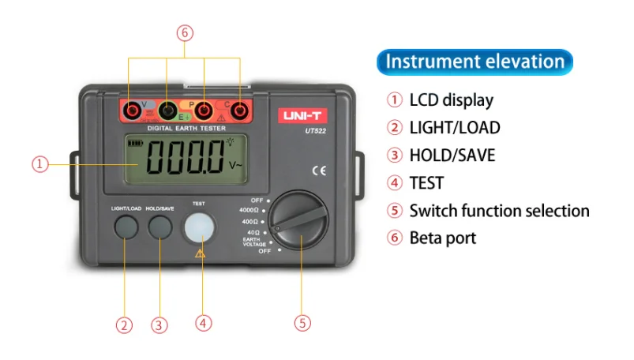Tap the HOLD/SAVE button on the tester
click(x=160, y=227)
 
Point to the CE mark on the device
click(x=319, y=170)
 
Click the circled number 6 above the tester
click(x=186, y=33)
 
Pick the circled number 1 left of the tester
click(x=40, y=164)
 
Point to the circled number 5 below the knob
click(x=303, y=322)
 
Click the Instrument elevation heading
click(x=475, y=62)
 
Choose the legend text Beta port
click(x=442, y=237)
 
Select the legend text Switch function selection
click(x=499, y=211)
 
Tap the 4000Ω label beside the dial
click(x=250, y=210)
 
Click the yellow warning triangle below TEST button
click(x=201, y=253)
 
